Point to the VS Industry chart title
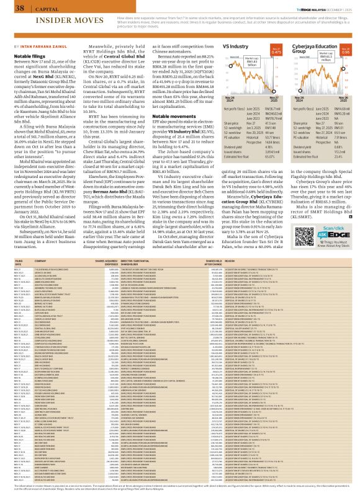tap(235, 47)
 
